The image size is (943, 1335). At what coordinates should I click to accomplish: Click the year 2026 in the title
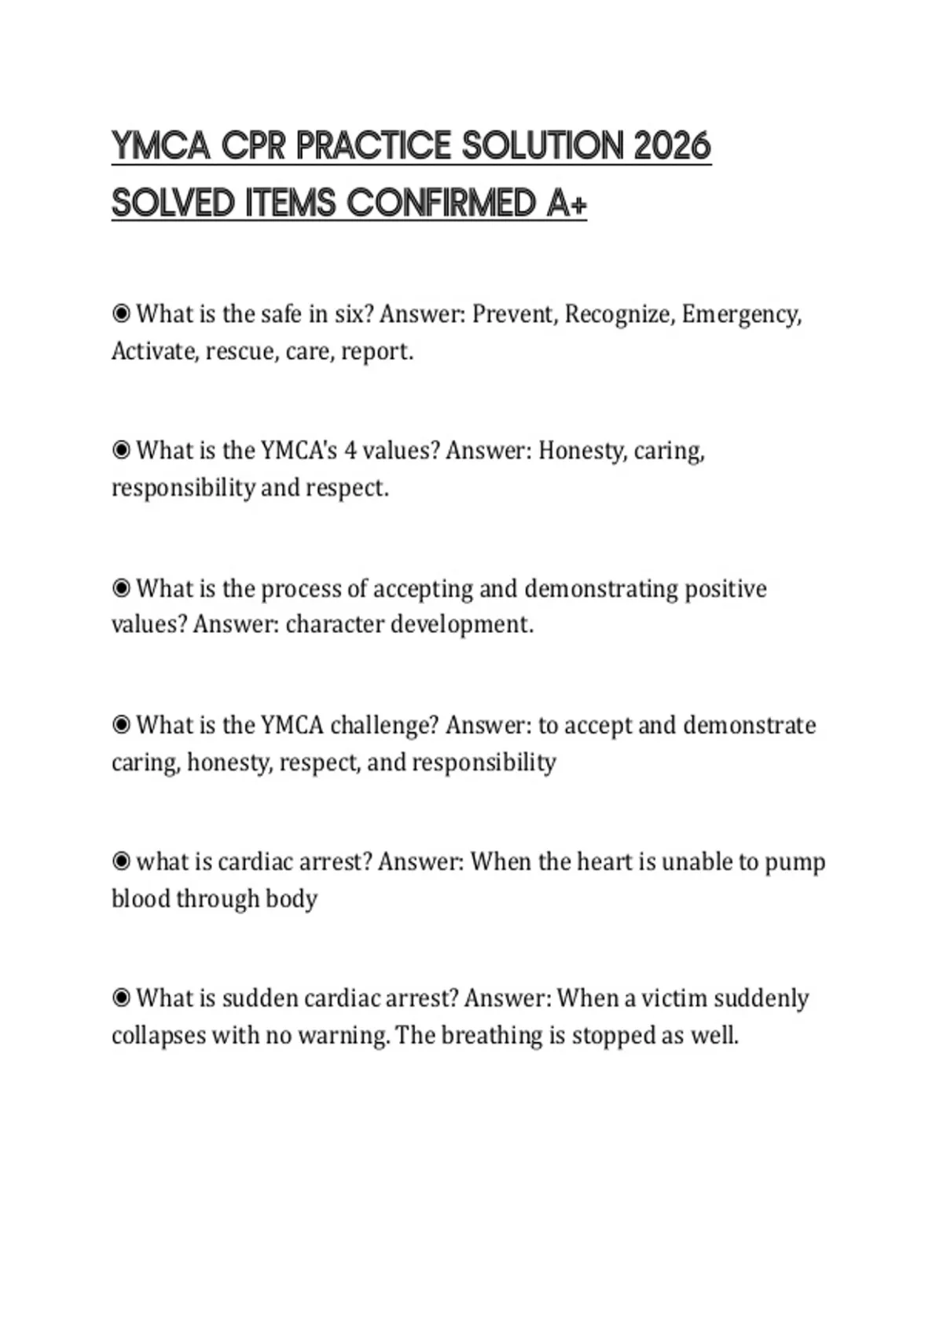coord(671,146)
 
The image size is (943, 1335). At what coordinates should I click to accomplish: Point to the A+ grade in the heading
coord(567,203)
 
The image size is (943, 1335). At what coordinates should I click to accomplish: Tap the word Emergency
coord(740,314)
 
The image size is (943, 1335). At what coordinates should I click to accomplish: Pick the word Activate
coord(155,351)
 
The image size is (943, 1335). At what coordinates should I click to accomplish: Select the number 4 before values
coord(350,451)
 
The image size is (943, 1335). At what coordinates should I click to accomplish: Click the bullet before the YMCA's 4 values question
coord(121,451)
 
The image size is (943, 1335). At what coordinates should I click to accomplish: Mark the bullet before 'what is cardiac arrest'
coord(121,861)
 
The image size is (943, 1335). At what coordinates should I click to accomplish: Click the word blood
coord(141,898)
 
